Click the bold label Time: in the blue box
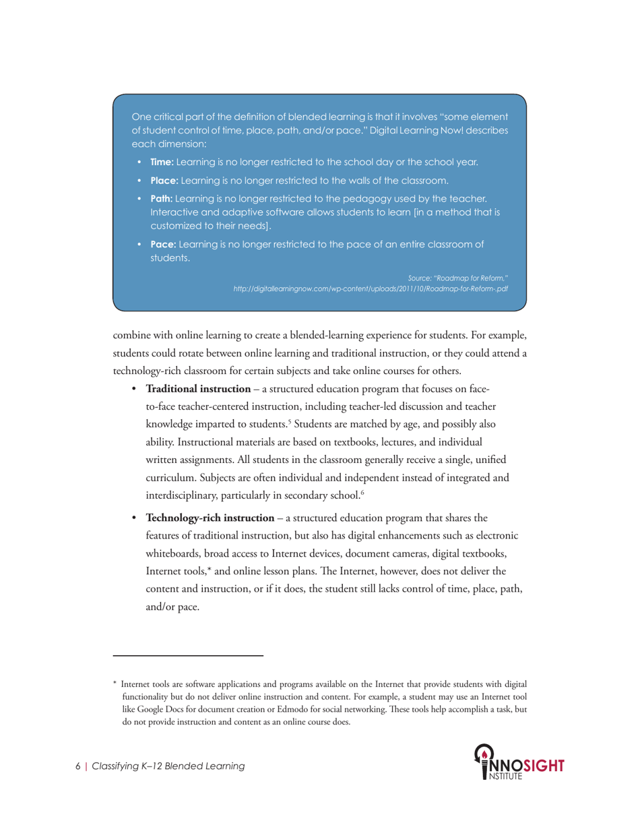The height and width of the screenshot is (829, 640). click(x=162, y=162)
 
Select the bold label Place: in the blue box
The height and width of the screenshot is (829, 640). click(x=164, y=180)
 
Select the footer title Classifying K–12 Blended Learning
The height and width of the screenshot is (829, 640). click(x=168, y=766)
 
